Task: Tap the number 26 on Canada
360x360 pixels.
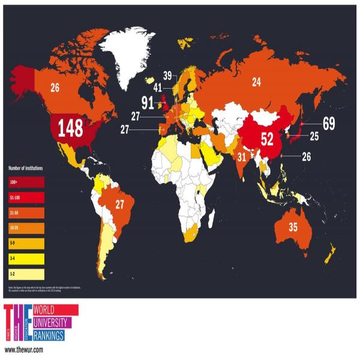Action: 55,88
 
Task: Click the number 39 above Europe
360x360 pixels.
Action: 167,76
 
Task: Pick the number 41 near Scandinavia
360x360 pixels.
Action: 158,88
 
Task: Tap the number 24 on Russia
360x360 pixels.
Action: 256,82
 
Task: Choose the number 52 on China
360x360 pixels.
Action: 267,139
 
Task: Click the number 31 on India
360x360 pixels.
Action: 242,158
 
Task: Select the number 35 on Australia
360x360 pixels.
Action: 293,227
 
